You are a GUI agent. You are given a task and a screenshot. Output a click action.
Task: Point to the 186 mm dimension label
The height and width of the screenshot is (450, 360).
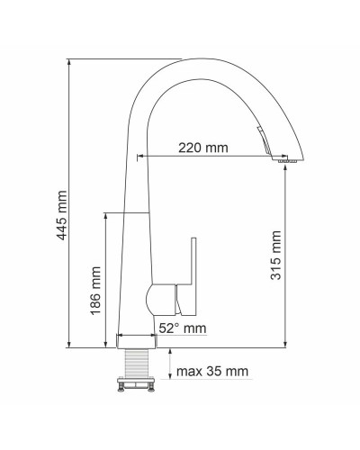pos(96,289)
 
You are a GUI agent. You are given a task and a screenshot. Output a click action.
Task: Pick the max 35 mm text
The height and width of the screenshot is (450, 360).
pos(212,371)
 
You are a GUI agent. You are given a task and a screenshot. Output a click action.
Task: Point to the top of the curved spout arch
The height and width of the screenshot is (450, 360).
pos(193,61)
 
